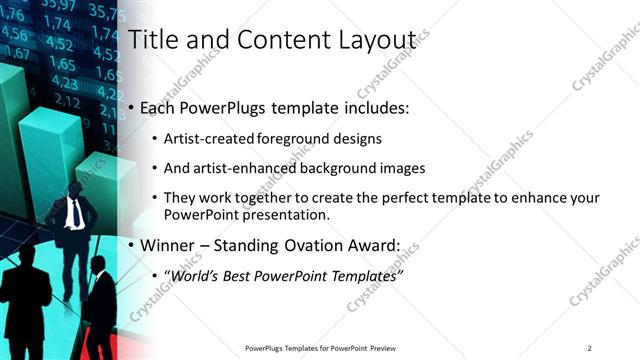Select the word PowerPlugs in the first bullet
219,108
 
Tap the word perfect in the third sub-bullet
393,198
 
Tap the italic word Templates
363,274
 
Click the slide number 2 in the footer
589,348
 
